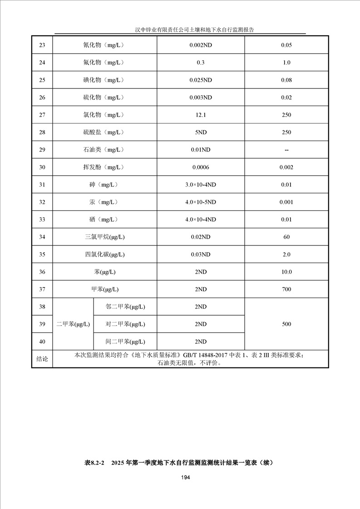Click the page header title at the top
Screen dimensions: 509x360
coord(194,29)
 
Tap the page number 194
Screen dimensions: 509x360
coord(185,477)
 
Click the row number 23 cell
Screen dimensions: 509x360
coord(42,45)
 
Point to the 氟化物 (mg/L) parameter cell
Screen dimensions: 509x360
coord(104,63)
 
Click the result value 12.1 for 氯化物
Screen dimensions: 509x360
coord(201,115)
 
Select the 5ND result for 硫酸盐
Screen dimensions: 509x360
coord(201,132)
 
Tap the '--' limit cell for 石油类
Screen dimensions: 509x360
coord(286,150)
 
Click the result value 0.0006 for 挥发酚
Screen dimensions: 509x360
coord(201,167)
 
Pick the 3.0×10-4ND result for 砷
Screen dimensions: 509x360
coord(201,185)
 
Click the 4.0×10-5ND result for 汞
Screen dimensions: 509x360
coord(201,202)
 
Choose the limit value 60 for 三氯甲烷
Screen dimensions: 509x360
coord(286,237)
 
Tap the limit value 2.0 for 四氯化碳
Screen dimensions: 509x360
coord(286,254)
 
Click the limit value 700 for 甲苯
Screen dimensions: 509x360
coord(286,289)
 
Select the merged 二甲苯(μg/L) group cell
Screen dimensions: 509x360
coord(73,324)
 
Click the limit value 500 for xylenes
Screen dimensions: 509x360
coord(286,324)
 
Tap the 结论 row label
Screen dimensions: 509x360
coord(42,359)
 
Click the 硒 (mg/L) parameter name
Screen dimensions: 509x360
coord(104,220)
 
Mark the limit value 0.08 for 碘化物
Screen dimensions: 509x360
coord(286,80)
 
